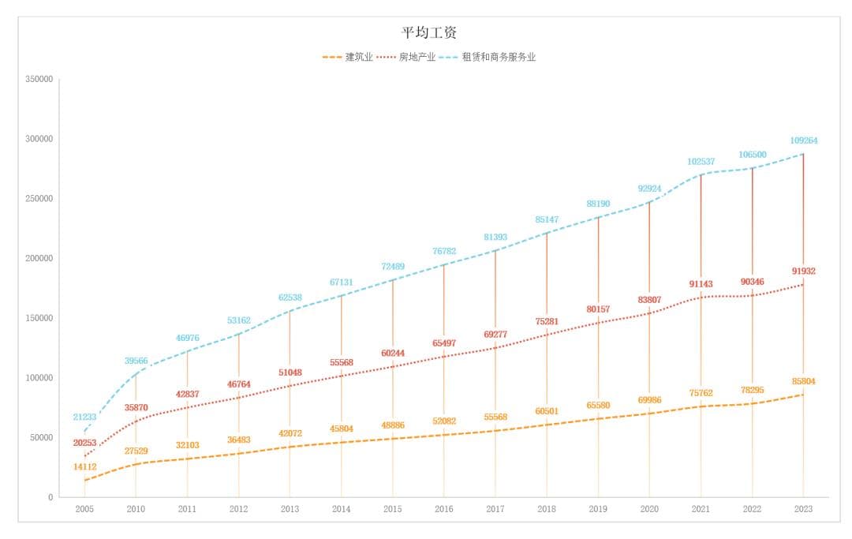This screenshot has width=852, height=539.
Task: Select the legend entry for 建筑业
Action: (359, 57)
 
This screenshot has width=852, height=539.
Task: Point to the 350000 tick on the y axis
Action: (39, 80)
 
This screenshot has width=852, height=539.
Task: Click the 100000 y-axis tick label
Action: (39, 378)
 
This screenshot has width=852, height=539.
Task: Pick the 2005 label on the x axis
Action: (84, 509)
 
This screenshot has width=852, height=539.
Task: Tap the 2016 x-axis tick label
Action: (443, 509)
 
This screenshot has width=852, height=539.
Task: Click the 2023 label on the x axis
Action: (803, 509)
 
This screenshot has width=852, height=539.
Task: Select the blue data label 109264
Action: (803, 140)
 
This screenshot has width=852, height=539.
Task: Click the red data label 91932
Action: (803, 271)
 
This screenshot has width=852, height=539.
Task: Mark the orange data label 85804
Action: (803, 381)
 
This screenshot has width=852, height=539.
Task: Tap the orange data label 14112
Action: (84, 466)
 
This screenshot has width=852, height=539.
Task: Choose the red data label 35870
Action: (136, 407)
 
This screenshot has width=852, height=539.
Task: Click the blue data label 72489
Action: (392, 266)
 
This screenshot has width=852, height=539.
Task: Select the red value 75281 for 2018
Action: (547, 321)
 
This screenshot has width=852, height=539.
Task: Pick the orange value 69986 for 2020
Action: (649, 400)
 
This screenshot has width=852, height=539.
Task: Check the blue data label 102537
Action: (701, 161)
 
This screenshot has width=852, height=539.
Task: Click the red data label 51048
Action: (290, 372)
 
